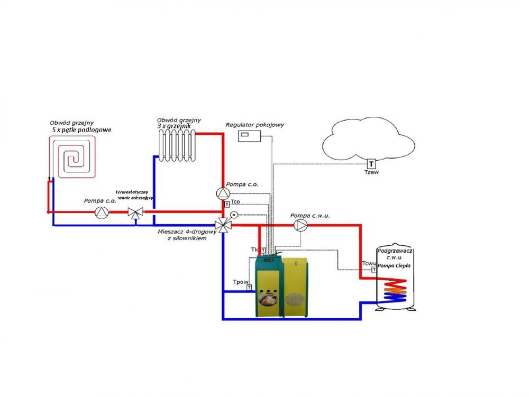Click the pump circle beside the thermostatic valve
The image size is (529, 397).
click(101, 213)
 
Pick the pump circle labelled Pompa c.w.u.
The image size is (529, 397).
click(301, 225)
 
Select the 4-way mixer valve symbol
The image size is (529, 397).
click(224, 225)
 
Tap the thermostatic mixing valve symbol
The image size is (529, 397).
click(136, 213)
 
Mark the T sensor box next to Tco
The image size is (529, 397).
click(227, 204)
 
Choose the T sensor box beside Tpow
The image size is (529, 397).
click(248, 288)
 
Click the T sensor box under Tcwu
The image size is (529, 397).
click(373, 270)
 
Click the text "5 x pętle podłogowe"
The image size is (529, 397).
click(82, 130)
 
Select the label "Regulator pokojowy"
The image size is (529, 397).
click(255, 125)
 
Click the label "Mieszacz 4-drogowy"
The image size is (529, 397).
click(183, 232)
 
